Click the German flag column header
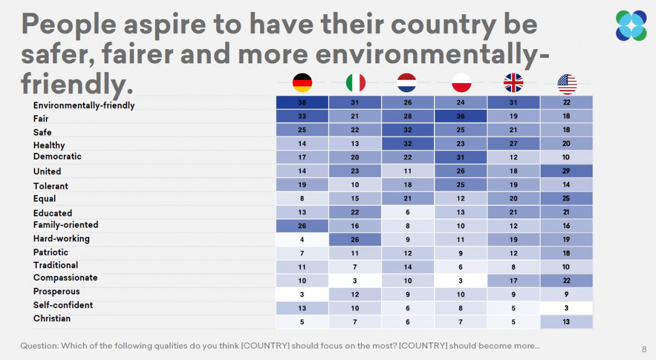[302, 83]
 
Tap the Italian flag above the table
[355, 83]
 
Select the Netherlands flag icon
[407, 83]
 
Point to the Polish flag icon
[461, 83]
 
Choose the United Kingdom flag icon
[513, 83]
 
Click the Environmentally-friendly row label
[84, 105]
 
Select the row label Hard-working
[61, 239]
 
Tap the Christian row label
[52, 318]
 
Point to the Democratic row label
[57, 156]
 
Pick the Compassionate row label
[65, 278]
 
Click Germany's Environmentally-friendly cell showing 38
[302, 103]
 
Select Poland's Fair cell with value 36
[461, 116]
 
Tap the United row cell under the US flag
[566, 171]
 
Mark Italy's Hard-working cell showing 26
[355, 239]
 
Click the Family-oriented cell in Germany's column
[302, 225]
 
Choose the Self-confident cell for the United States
[566, 308]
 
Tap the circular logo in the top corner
[631, 26]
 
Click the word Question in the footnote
[39, 346]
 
